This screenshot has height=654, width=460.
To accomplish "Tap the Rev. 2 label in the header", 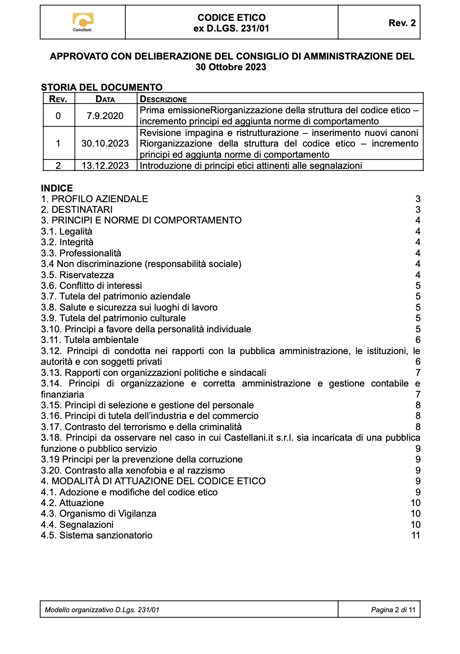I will tap(402, 23).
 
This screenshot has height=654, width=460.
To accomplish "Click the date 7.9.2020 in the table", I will tap(105, 116).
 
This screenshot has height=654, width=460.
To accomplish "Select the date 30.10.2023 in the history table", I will tap(105, 144).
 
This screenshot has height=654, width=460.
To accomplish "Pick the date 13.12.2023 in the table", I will tap(105, 166).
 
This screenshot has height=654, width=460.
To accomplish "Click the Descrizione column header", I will tap(163, 100).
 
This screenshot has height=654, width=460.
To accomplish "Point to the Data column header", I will tap(105, 100).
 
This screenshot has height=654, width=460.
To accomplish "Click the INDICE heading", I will tap(57, 188).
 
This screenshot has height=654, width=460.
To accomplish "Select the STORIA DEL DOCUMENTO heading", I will tap(101, 88).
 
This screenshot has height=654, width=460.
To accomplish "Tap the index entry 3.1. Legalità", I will tap(67, 231).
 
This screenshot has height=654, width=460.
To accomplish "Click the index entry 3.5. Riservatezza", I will tap(77, 275).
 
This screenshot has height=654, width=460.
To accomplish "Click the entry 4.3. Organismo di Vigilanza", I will tap(98, 514).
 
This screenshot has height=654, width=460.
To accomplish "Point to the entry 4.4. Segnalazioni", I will tap(77, 525).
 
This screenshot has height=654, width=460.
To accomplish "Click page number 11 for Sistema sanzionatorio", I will tap(416, 535).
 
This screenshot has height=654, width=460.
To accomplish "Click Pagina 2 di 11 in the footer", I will tap(393, 610).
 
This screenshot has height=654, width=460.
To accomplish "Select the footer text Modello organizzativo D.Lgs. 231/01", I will tap(102, 610).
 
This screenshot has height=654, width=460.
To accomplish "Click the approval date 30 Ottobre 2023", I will tap(231, 67).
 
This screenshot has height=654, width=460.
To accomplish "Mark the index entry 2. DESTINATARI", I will tap(77, 210).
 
